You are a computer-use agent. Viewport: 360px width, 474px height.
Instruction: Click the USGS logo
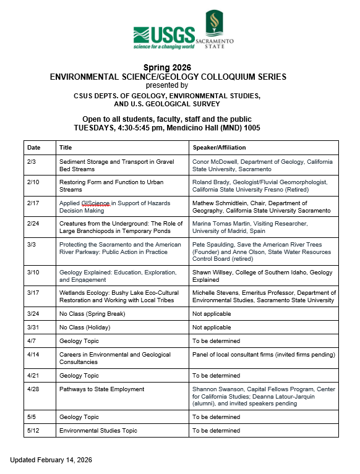click(x=164, y=38)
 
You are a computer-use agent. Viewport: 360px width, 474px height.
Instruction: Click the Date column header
click(x=34, y=148)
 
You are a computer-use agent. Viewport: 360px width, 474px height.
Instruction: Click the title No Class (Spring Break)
click(x=92, y=314)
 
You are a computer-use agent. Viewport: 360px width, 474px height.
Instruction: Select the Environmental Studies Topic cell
click(x=98, y=430)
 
